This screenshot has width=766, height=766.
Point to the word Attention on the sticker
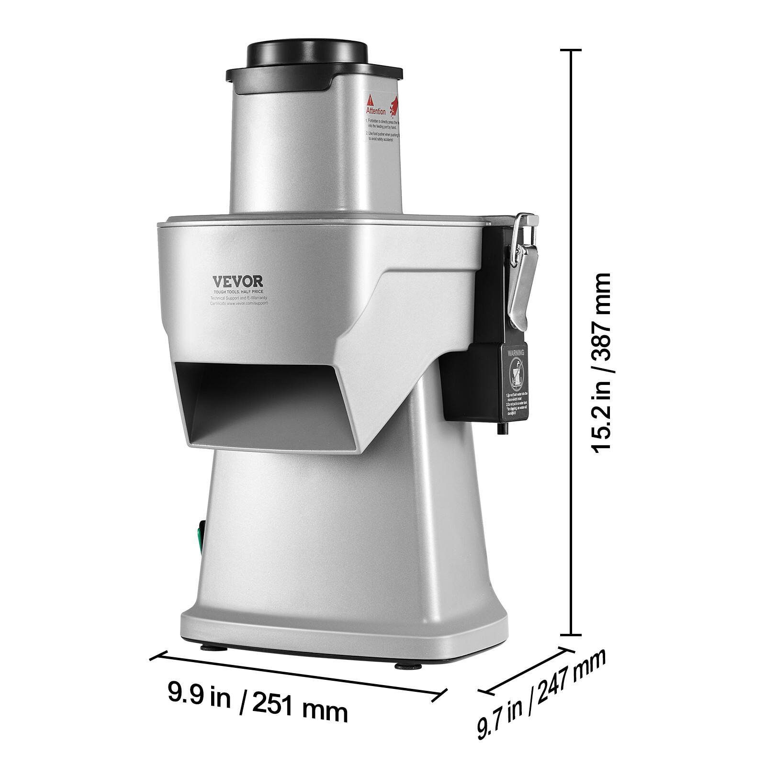point(376,111)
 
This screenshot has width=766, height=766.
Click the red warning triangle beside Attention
point(370,101)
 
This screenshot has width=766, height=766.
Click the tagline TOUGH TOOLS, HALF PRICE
point(238,291)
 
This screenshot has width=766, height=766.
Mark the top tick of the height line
point(570,50)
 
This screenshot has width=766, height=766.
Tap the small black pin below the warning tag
point(502,429)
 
